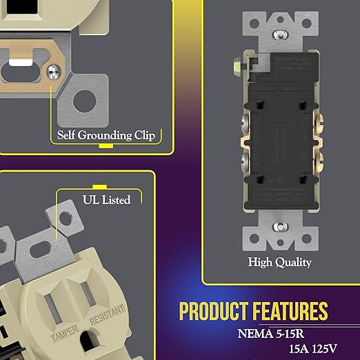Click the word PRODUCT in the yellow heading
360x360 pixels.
coord(214,311)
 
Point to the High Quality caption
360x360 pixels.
coord(280,262)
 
